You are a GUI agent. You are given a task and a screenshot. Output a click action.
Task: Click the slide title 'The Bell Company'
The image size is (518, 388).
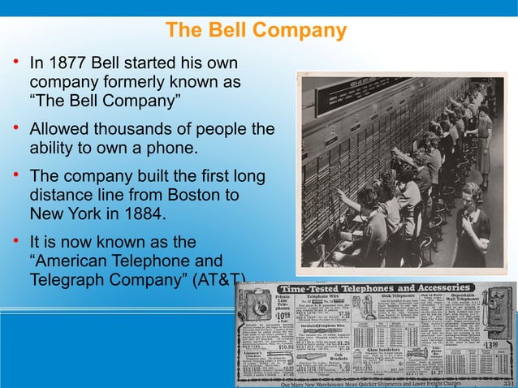tap(256, 31)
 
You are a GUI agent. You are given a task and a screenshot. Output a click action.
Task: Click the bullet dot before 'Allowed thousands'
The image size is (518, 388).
tap(15, 129)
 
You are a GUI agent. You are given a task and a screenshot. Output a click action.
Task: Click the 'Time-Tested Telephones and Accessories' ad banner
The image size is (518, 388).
tap(374, 288)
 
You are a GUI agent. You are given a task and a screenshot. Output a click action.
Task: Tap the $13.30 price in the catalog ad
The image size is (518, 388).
tap(490, 345)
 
